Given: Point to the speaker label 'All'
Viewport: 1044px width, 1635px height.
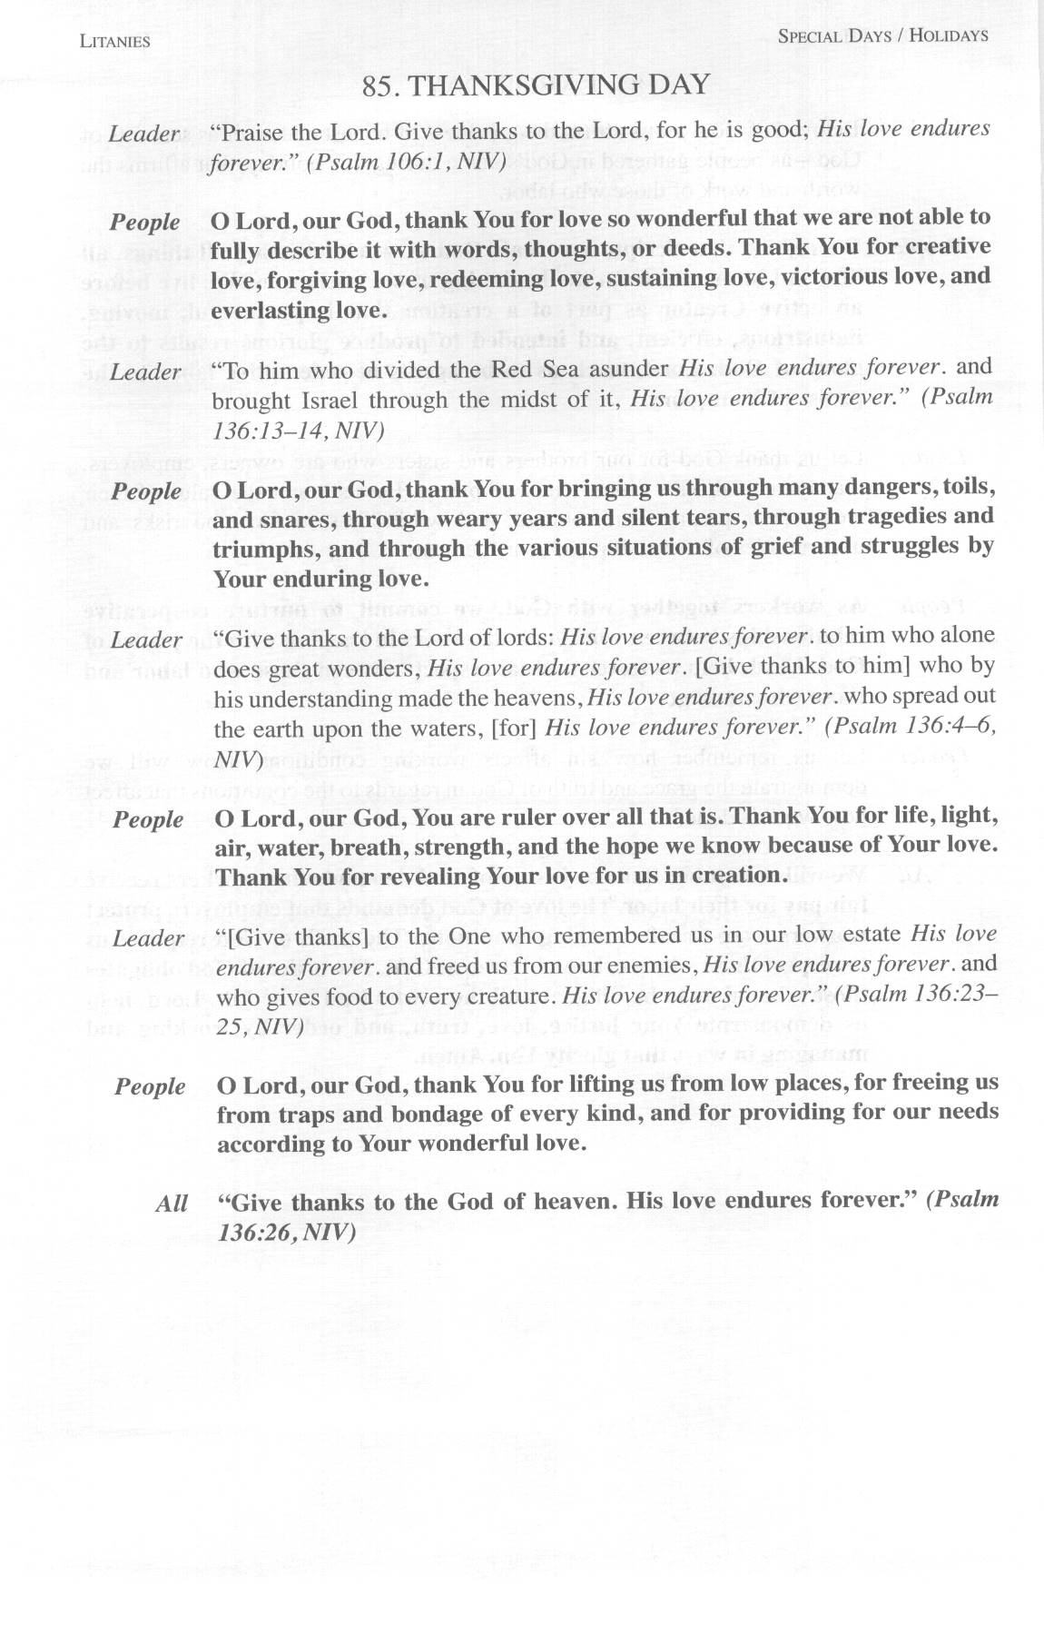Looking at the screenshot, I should coord(171,1204).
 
